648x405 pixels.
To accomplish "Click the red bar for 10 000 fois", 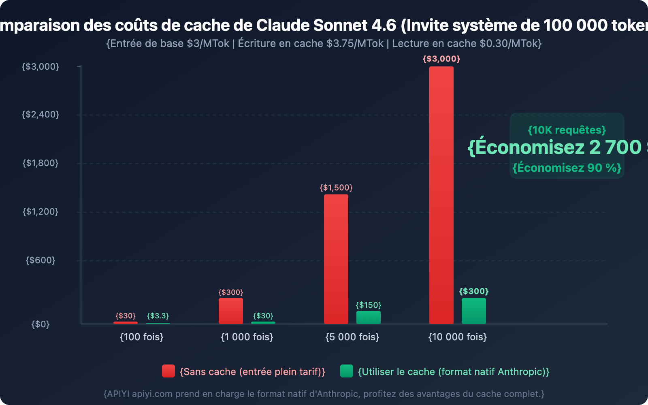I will [x=441, y=194].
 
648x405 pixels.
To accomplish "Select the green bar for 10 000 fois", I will [x=474, y=311].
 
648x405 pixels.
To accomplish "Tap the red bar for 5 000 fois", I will [x=336, y=259].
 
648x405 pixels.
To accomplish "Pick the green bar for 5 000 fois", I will [x=369, y=318].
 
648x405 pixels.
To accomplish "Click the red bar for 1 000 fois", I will [x=231, y=311].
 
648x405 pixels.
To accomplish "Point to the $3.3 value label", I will [x=158, y=316].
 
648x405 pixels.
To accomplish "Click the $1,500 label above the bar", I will [x=336, y=188].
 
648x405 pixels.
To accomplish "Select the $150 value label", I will [x=369, y=305].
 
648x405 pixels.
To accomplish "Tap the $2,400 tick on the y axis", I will [x=40, y=115].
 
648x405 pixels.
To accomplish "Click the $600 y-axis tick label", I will [x=40, y=260].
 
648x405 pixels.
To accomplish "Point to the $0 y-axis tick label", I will [x=40, y=324].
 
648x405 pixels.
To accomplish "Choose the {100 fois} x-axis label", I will [x=142, y=337].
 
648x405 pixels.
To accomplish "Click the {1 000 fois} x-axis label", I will [x=247, y=337].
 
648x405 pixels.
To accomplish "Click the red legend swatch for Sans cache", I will [x=168, y=371].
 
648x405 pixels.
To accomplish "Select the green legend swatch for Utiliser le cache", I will [x=347, y=371].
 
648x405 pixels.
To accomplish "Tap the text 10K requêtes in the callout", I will [x=567, y=130].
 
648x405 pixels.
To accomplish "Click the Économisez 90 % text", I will [x=567, y=168].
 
